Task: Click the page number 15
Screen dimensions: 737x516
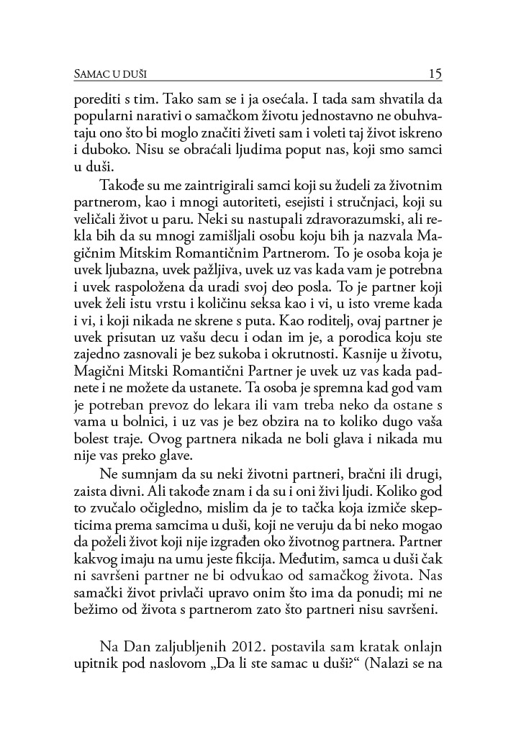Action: pos(434,73)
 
